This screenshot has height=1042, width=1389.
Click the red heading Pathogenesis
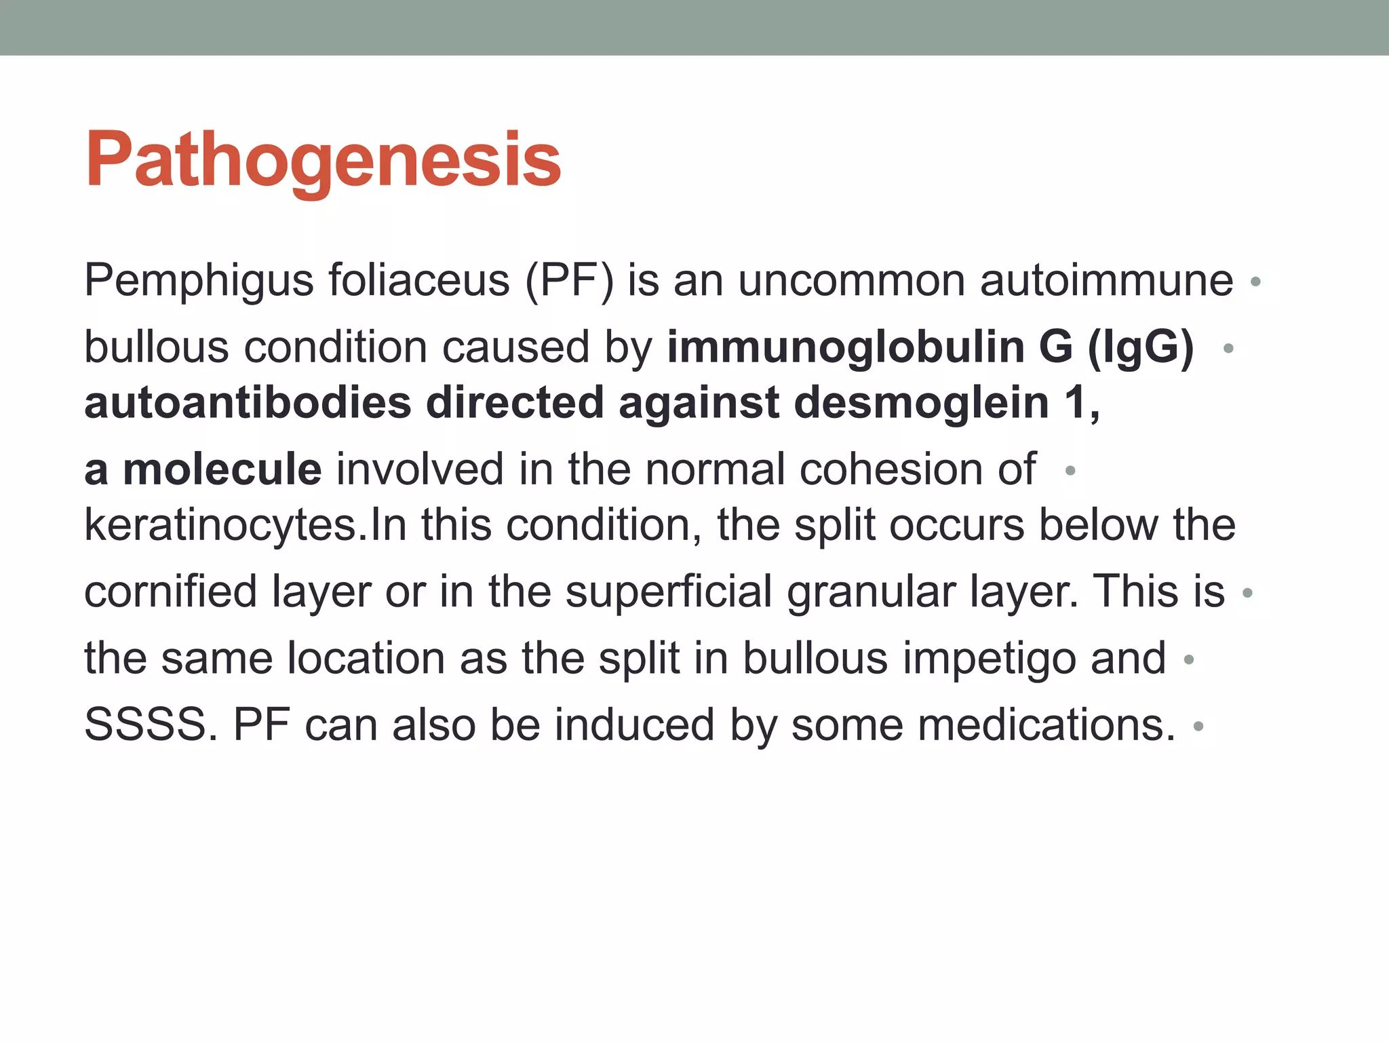[323, 160]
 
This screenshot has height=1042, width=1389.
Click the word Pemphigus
[199, 281]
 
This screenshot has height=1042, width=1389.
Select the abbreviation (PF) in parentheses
[569, 281]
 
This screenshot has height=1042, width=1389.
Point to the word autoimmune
[1106, 281]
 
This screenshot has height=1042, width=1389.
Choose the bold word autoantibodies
[248, 402]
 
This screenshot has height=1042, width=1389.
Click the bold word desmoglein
[920, 402]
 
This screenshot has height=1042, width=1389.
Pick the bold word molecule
[222, 469]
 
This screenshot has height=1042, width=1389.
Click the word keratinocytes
[220, 525]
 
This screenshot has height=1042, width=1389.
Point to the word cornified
[172, 592]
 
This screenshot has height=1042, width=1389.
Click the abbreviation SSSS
[145, 725]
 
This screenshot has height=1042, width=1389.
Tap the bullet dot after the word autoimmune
[1255, 282]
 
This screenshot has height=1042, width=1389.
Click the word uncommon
[851, 281]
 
